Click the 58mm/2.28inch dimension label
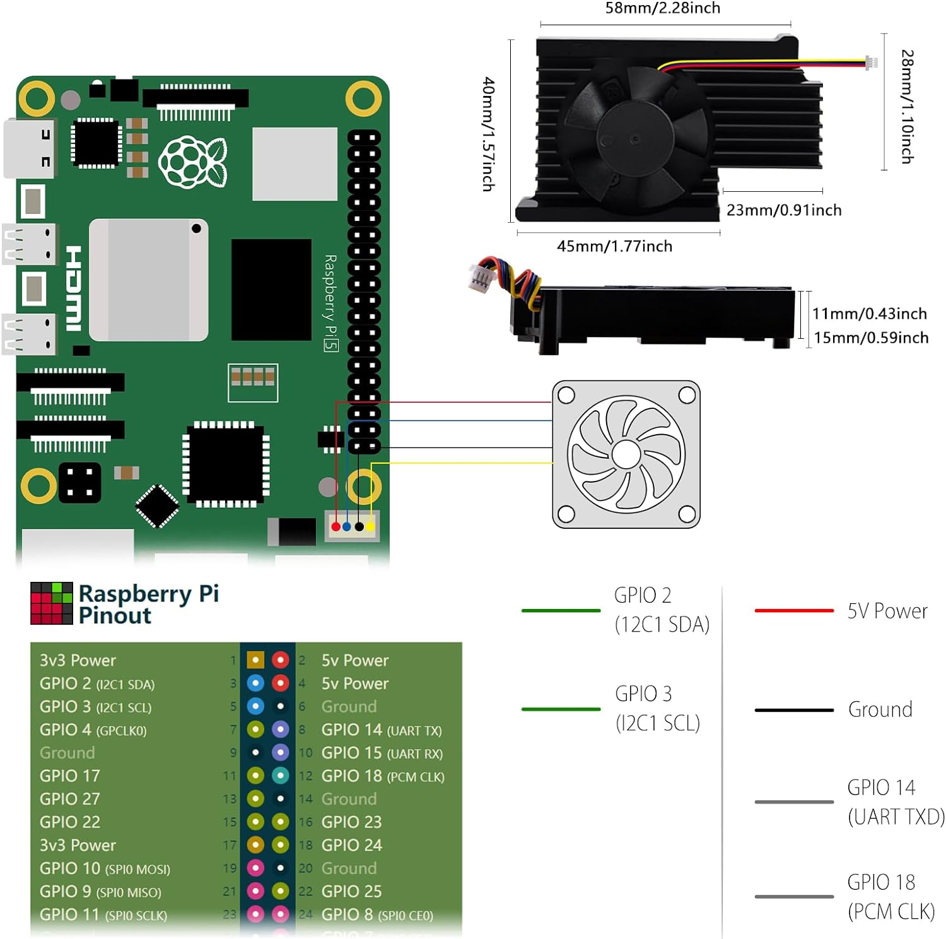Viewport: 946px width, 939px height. click(662, 8)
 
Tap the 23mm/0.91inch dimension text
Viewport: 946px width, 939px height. click(784, 210)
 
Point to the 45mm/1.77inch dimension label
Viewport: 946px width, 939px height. click(614, 246)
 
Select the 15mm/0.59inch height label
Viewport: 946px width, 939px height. click(870, 338)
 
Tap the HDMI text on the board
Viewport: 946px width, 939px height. click(74, 288)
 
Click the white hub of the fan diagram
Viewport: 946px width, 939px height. click(626, 454)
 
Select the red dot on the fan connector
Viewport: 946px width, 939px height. click(336, 526)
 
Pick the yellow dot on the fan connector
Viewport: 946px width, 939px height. click(370, 526)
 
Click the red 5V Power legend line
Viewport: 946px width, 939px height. click(794, 610)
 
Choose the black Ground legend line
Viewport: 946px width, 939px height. click(794, 710)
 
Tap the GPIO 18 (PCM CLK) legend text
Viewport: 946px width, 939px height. click(891, 897)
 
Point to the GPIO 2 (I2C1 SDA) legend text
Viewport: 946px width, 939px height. click(662, 610)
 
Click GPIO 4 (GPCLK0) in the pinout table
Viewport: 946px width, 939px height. click(93, 730)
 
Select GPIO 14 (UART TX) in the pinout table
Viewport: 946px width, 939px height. click(381, 730)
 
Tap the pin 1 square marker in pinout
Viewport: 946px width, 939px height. click(255, 660)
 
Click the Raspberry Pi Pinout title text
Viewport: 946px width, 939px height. click(148, 604)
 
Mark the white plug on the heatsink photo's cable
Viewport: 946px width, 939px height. click(871, 62)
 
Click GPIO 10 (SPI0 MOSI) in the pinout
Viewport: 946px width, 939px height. click(105, 869)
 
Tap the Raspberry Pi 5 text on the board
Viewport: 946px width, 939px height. click(330, 303)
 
